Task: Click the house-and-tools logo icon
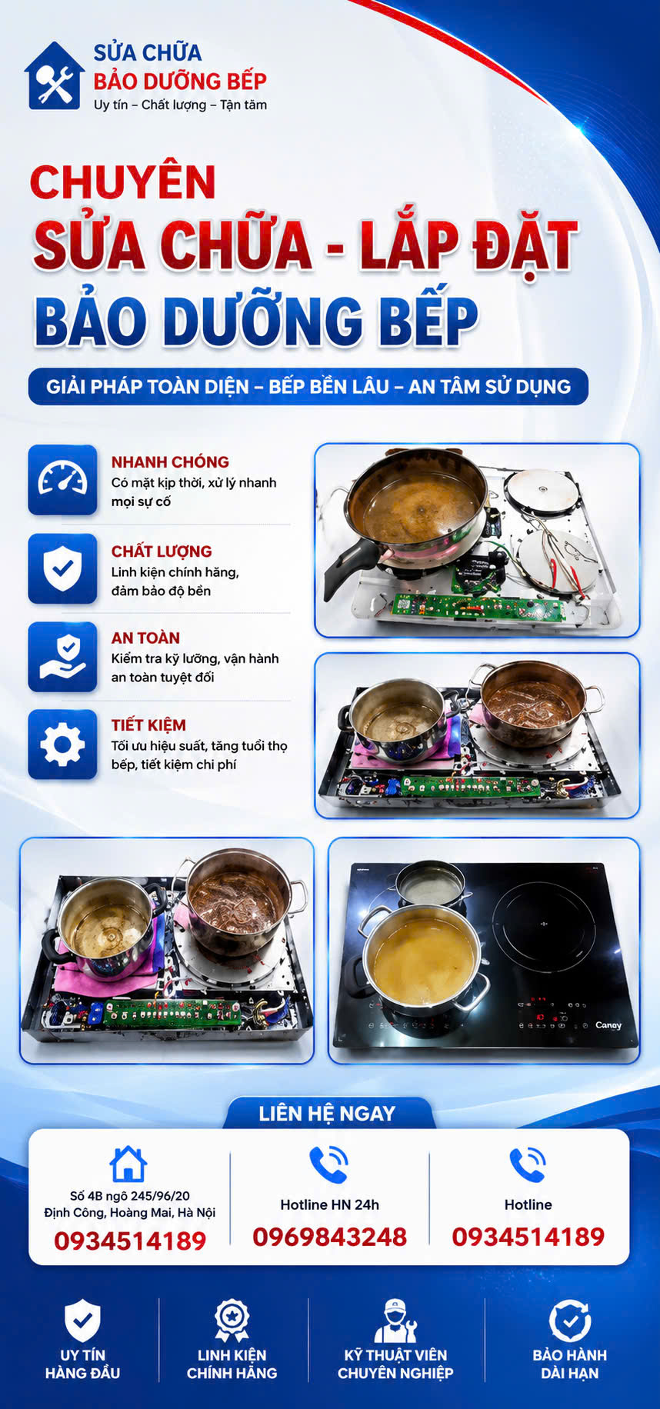point(54,75)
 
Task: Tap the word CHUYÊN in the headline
point(122,182)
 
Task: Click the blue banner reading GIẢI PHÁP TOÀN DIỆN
point(308,386)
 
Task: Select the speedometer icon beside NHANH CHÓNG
point(62,480)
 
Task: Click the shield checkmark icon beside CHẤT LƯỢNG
point(62,568)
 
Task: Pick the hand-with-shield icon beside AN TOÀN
point(62,657)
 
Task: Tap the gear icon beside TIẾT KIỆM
point(62,744)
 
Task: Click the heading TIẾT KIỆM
point(148,725)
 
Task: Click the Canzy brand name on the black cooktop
point(608,1025)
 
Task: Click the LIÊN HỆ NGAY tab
point(328,1113)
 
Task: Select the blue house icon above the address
point(128,1164)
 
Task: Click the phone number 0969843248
point(330,1236)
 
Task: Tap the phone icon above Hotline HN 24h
point(329,1164)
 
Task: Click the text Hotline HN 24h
point(329,1204)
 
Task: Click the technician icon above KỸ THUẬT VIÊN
point(395,1321)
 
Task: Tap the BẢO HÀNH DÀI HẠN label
point(569,1364)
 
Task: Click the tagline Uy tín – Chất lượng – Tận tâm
point(180,105)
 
